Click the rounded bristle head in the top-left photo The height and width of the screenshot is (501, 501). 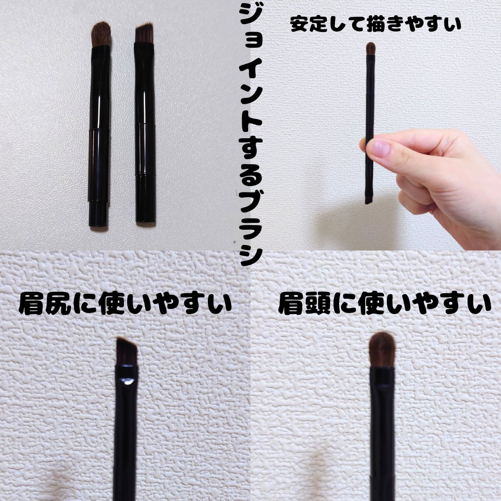coord(101,34)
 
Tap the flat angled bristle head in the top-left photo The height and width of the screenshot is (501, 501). coord(144,33)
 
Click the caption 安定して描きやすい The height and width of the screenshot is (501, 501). coord(376,24)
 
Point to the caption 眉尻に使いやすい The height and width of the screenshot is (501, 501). coord(125,304)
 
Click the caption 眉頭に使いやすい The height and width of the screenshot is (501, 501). coord(385,304)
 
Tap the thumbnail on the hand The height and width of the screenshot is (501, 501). coord(379,148)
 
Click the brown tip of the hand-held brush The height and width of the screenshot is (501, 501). coord(370,48)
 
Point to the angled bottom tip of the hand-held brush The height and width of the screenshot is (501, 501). coord(368,200)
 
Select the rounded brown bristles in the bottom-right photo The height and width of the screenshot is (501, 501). coord(382,349)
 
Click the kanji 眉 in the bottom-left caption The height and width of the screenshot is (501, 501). coord(31,304)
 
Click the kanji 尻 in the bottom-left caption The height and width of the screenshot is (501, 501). coord(58,304)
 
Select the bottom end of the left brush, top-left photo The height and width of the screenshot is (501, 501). coord(98,225)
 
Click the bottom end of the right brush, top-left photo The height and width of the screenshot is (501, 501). coord(146,220)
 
